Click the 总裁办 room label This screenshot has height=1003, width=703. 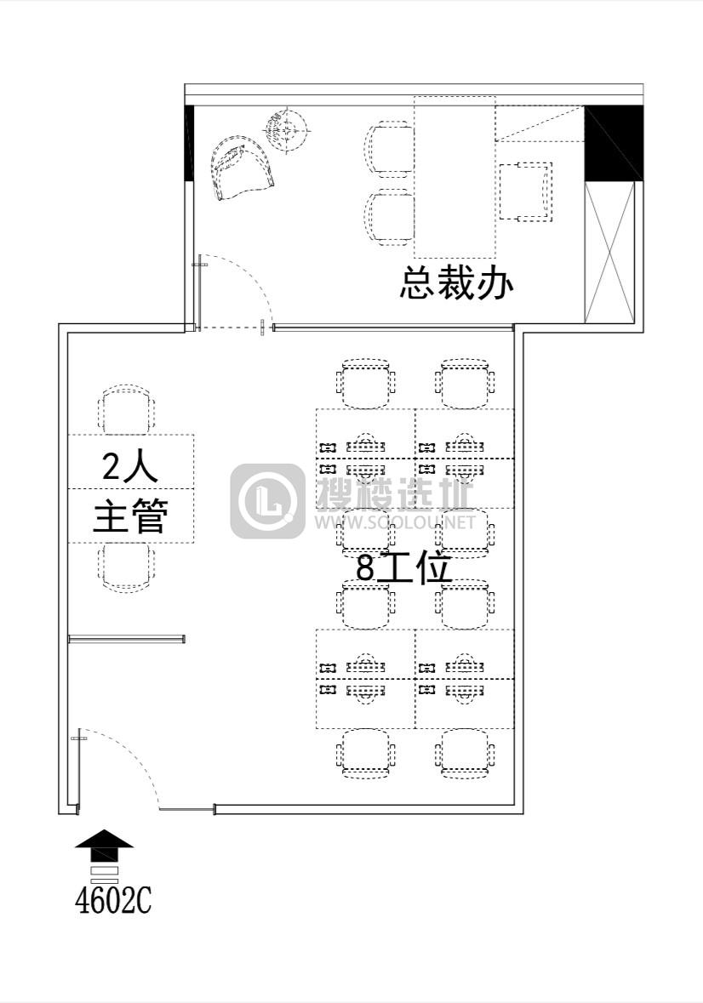[457, 283]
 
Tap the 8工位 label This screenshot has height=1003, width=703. [403, 567]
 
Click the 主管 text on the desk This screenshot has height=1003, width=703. [130, 516]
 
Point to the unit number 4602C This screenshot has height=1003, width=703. [113, 901]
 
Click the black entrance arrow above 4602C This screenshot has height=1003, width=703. [104, 846]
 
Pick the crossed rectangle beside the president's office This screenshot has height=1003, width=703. [609, 252]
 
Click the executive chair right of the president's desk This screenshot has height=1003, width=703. [526, 191]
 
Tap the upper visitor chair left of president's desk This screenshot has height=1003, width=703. [390, 151]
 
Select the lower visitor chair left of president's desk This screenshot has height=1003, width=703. [390, 218]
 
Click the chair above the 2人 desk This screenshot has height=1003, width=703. [128, 409]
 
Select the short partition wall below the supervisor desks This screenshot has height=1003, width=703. [127, 639]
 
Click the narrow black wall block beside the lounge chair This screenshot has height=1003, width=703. [189, 143]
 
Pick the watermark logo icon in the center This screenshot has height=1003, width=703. [267, 501]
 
